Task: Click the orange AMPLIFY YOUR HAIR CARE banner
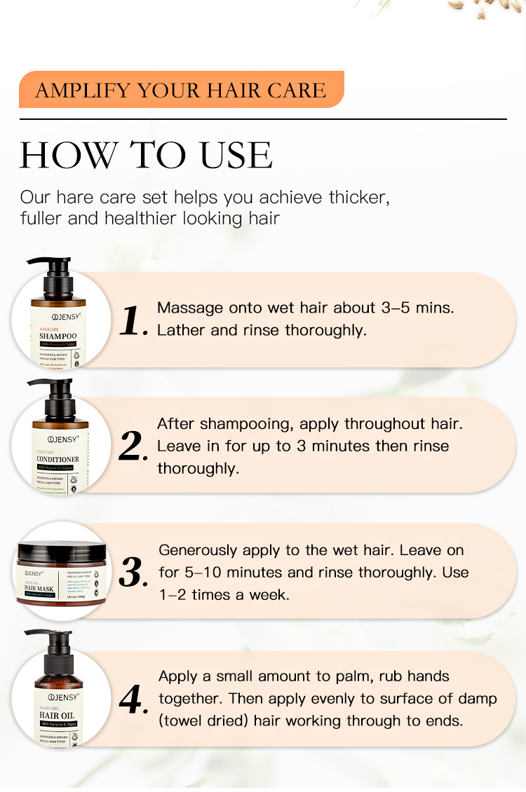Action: coord(181,90)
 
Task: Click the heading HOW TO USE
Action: coord(146,155)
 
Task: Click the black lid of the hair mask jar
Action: coord(62,554)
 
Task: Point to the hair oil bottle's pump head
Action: coord(52,648)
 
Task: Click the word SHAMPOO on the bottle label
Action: coord(58,336)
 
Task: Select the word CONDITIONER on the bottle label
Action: coord(58,459)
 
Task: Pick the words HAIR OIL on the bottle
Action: coord(58,716)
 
